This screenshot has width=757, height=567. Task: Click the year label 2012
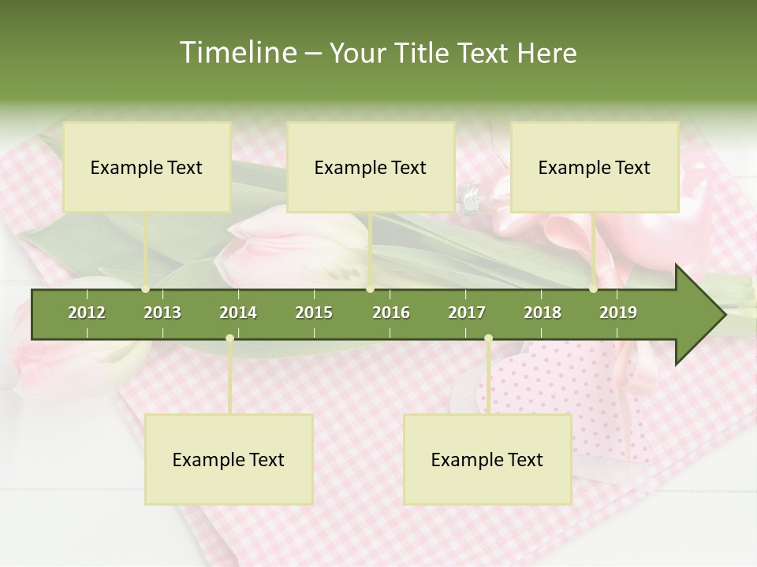87,313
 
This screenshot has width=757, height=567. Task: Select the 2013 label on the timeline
162,313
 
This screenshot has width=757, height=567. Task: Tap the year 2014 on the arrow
238,313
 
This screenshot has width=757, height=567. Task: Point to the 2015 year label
314,313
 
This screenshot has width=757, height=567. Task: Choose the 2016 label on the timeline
391,313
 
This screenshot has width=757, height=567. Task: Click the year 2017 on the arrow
467,313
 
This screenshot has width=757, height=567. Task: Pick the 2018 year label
543,313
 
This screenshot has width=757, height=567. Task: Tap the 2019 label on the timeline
618,313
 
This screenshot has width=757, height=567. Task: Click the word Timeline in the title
237,53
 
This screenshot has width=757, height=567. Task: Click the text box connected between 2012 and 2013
147,167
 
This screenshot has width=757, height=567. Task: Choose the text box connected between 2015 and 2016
371,167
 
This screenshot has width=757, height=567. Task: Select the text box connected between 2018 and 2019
595,167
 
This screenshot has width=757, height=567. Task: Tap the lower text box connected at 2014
229,459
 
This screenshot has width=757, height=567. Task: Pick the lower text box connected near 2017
487,459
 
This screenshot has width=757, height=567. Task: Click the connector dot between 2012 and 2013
146,289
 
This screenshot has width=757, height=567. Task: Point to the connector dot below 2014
229,339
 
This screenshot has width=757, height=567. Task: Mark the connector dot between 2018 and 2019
593,289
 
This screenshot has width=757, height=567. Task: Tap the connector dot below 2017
488,339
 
